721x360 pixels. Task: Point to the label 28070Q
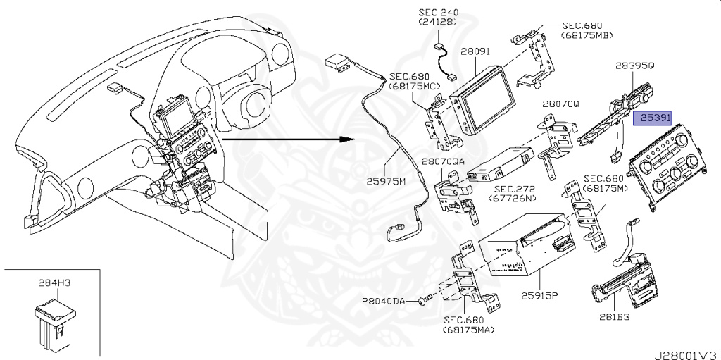click(x=560, y=104)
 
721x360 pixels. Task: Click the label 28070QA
click(x=444, y=161)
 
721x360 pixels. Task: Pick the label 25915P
click(x=539, y=294)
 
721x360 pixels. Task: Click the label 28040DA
click(x=384, y=302)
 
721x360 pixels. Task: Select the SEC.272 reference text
click(x=514, y=189)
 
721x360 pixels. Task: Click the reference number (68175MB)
click(x=586, y=35)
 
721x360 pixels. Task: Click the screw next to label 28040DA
click(x=421, y=302)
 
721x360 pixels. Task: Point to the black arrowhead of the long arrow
click(x=346, y=139)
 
